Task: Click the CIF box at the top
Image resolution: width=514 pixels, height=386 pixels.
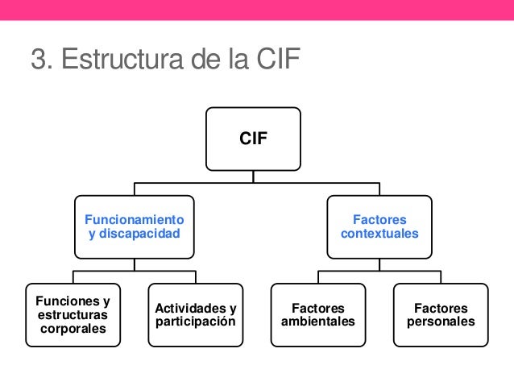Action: pyautogui.click(x=253, y=139)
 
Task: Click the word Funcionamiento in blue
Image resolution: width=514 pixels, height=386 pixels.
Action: pyautogui.click(x=135, y=219)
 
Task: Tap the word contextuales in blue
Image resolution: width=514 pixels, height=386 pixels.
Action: pyautogui.click(x=379, y=234)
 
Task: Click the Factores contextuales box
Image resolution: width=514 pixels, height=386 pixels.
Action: pyautogui.click(x=379, y=226)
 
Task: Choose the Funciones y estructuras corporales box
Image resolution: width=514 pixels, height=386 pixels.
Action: pyautogui.click(x=73, y=314)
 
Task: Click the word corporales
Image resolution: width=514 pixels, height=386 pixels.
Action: pyautogui.click(x=73, y=329)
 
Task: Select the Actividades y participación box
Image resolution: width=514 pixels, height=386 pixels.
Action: pyautogui.click(x=196, y=314)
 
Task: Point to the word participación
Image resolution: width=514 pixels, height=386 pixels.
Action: pyautogui.click(x=196, y=322)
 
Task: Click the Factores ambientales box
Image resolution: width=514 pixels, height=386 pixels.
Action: pyautogui.click(x=318, y=314)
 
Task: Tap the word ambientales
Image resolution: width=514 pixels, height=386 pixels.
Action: pyautogui.click(x=318, y=322)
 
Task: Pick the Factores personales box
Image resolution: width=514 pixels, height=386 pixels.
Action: pyautogui.click(x=441, y=314)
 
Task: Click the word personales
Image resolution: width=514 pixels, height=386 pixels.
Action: pyautogui.click(x=441, y=322)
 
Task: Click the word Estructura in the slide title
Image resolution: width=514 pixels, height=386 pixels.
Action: pyautogui.click(x=112, y=60)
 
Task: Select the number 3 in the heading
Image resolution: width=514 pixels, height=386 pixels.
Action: pyautogui.click(x=37, y=60)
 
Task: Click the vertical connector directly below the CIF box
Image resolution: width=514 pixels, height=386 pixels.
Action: pyautogui.click(x=253, y=177)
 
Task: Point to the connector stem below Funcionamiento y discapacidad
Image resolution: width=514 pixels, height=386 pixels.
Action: pyautogui.click(x=135, y=264)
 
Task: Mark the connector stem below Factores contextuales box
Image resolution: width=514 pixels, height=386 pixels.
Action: pyautogui.click(x=379, y=264)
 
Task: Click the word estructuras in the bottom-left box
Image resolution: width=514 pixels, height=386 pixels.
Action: pyautogui.click(x=73, y=314)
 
